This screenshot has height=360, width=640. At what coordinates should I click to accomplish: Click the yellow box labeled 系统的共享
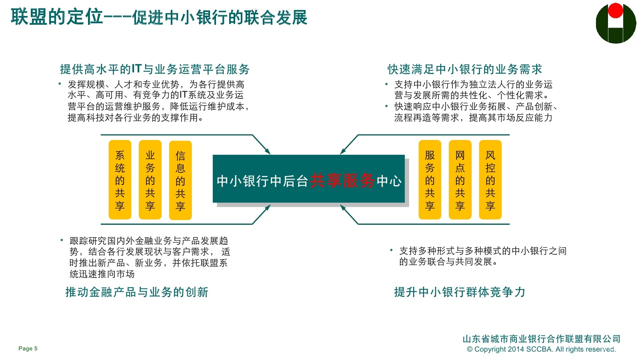[x=120, y=180]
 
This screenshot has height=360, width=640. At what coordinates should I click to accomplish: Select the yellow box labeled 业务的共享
[x=150, y=180]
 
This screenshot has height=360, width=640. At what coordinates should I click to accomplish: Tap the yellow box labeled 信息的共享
[x=180, y=180]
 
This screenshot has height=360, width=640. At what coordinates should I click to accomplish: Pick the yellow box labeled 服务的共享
[x=430, y=180]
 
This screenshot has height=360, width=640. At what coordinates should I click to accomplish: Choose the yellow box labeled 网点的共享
[x=460, y=180]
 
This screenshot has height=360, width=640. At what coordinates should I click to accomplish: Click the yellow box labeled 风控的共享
[x=490, y=180]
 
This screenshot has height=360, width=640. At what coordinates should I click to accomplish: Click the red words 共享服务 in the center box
[x=342, y=181]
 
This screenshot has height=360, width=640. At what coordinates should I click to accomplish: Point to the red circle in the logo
[x=616, y=11]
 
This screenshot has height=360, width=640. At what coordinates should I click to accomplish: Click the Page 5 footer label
[x=28, y=348]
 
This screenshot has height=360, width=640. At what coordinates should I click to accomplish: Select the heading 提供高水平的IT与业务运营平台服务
[x=155, y=69]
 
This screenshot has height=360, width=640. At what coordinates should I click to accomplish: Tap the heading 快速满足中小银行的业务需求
[x=465, y=69]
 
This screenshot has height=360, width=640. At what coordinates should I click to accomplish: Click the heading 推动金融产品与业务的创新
[x=137, y=292]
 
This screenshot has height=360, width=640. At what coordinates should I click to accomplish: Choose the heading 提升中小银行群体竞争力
[x=460, y=292]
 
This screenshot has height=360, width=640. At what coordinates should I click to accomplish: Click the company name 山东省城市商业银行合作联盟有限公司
[x=541, y=339]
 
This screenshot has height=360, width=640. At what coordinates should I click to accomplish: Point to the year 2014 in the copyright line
[x=516, y=349]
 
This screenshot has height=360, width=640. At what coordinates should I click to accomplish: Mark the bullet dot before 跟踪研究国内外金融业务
[x=62, y=240]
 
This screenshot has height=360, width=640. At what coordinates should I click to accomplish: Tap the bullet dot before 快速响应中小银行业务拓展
[x=386, y=106]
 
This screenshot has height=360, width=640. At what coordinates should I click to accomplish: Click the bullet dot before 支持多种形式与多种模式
[x=391, y=250]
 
